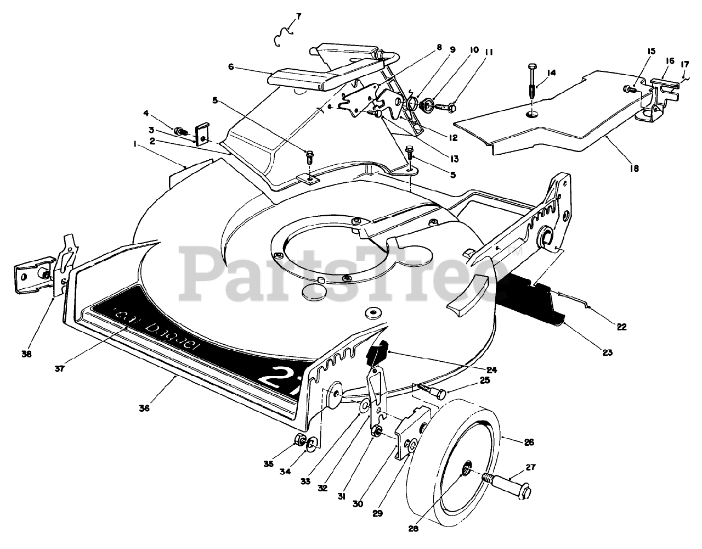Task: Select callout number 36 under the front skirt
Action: point(144,408)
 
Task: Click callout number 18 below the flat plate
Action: point(635,169)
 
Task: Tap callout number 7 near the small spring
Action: point(298,16)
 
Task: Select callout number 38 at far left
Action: point(26,354)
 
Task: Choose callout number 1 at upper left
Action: point(134,144)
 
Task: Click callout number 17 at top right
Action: point(684,64)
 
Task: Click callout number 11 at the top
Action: point(488,52)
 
